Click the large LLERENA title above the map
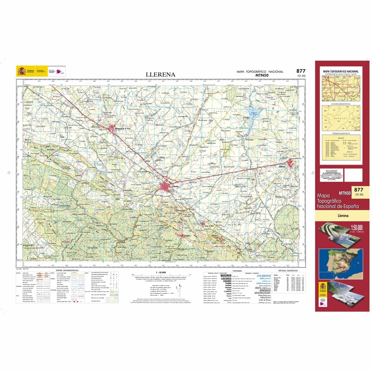tap(161, 75)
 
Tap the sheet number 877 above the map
tap(301, 71)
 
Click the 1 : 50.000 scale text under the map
tap(159, 272)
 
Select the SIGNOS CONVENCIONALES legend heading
tap(67, 270)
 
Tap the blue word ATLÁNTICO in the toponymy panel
tap(263, 276)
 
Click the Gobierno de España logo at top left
tap(26, 71)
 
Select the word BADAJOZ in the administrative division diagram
tap(340, 118)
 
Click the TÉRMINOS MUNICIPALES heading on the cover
tap(341, 133)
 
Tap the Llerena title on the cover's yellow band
tap(343, 215)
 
